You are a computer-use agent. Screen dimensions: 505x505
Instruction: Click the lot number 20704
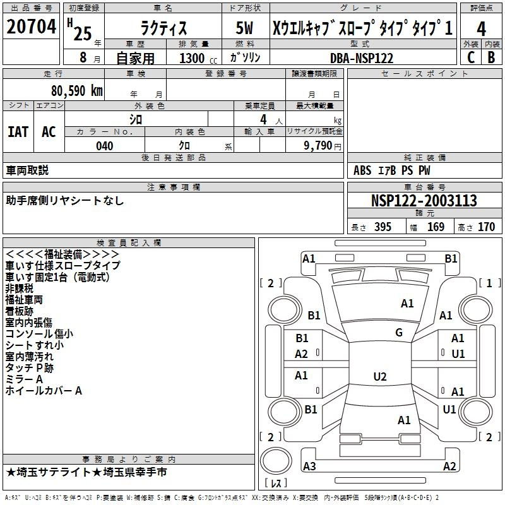31,27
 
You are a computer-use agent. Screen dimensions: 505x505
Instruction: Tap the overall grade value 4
481,29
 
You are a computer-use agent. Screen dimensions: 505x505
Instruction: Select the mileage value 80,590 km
76,91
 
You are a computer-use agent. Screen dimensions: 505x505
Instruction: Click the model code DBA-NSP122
362,58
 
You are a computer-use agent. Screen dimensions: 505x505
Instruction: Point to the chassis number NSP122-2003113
424,201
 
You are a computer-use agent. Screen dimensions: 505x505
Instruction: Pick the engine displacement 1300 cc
198,58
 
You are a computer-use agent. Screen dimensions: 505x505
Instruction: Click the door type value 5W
244,28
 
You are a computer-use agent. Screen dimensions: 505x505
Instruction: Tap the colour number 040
105,146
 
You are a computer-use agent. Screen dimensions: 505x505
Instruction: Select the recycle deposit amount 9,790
318,145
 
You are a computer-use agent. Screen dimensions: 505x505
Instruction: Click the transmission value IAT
18,132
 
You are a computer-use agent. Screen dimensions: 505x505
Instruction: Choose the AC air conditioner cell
49,132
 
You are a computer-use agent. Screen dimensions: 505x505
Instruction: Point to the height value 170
486,227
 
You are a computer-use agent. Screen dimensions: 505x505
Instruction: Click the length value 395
383,227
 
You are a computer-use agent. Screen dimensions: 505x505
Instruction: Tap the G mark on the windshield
399,332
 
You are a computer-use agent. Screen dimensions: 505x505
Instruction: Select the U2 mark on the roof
380,376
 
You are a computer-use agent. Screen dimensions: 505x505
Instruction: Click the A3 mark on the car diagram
309,466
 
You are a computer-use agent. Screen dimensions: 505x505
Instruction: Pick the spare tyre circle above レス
276,461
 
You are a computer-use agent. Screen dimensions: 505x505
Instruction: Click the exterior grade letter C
471,57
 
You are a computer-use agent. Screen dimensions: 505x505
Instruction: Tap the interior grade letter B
491,57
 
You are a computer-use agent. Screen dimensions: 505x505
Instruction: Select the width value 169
436,227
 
